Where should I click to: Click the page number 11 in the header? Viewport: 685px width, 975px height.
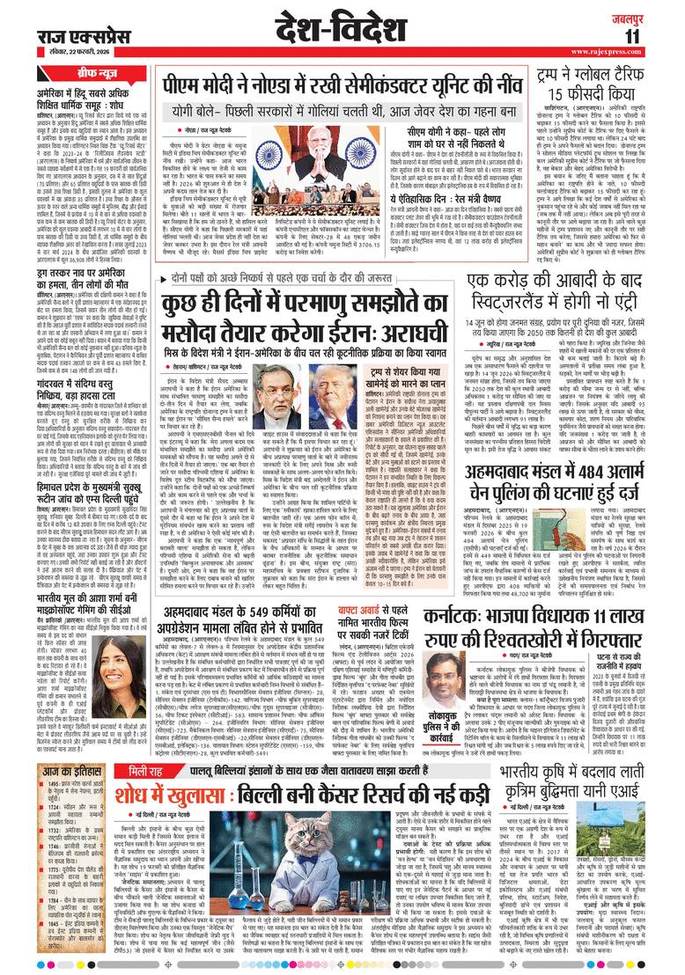(657, 36)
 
